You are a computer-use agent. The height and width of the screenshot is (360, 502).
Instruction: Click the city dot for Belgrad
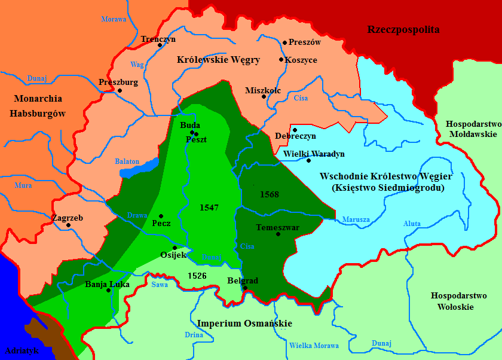click(244, 288)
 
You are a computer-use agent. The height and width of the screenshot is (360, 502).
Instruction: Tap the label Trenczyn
click(158, 39)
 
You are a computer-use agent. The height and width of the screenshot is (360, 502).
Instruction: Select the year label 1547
click(209, 208)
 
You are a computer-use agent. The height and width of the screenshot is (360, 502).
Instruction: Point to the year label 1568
click(269, 194)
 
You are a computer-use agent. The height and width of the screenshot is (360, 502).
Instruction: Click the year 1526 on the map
click(197, 276)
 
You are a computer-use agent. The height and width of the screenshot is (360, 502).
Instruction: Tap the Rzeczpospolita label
click(403, 29)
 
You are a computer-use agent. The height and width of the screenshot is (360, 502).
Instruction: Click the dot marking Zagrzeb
click(69, 225)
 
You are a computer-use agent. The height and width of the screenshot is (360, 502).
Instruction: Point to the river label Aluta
click(412, 224)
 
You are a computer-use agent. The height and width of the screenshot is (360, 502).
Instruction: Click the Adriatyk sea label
click(21, 350)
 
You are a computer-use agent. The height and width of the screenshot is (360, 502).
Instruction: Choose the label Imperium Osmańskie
click(245, 324)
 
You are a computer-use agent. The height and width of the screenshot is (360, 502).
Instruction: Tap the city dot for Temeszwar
click(278, 234)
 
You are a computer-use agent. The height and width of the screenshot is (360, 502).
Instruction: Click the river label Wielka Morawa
click(314, 346)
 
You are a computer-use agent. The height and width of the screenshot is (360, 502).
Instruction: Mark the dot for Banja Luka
click(108, 291)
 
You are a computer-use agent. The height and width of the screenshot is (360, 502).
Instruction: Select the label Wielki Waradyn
click(314, 154)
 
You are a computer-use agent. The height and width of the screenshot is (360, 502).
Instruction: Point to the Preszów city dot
click(285, 43)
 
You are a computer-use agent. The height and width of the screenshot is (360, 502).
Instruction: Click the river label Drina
click(194, 335)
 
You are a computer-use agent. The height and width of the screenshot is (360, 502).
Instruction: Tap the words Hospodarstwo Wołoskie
click(452, 301)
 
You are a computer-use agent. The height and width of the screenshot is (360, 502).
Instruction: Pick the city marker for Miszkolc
click(264, 97)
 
